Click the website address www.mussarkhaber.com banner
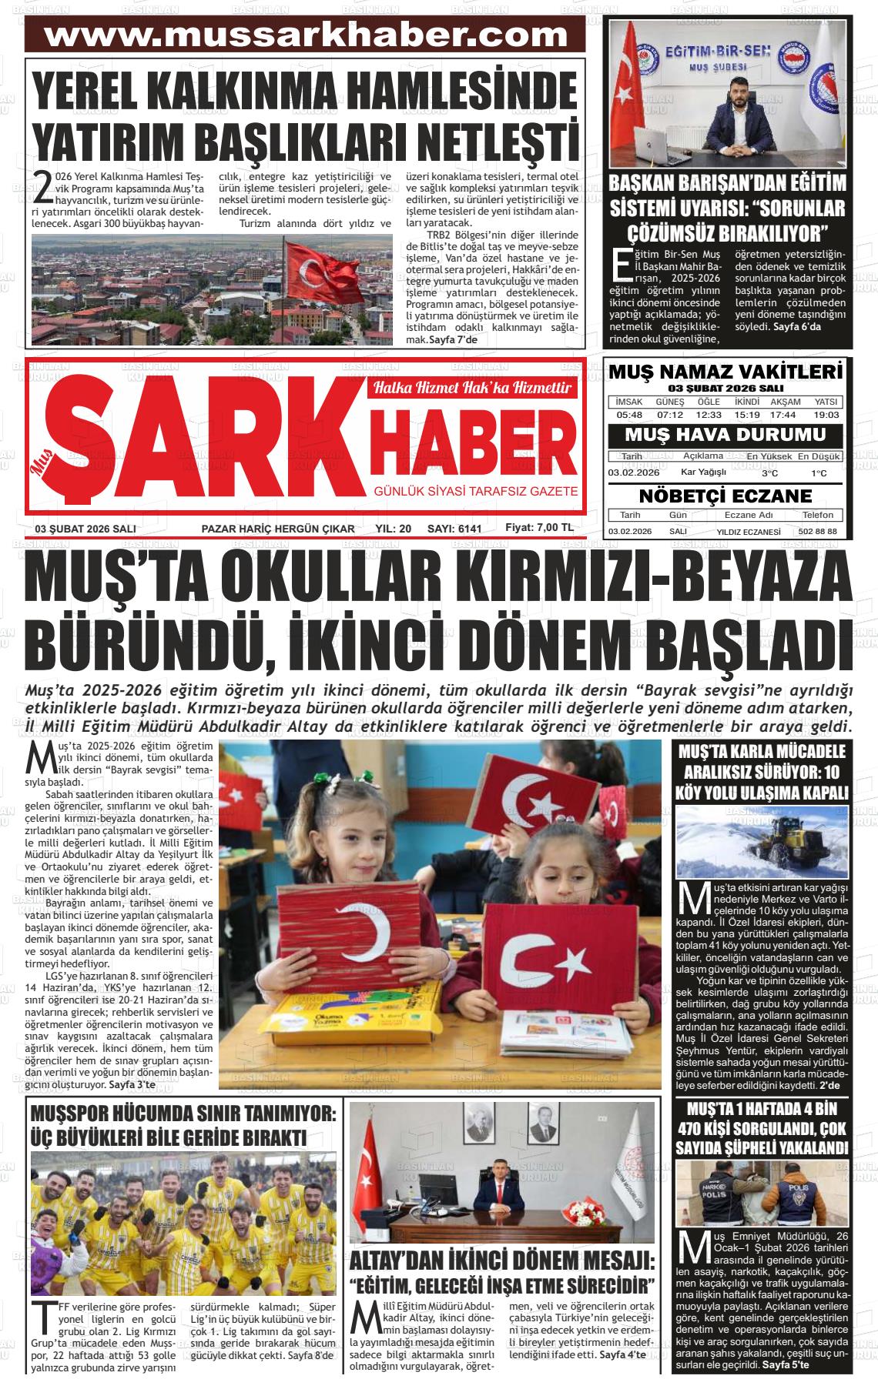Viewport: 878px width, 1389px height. pyautogui.click(x=305, y=36)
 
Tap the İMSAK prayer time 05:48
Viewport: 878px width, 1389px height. pyautogui.click(x=629, y=415)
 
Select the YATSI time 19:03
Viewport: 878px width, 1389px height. pyautogui.click(x=826, y=415)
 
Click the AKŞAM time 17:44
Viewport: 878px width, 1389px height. pyautogui.click(x=786, y=415)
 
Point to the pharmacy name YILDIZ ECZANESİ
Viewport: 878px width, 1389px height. pyautogui.click(x=749, y=532)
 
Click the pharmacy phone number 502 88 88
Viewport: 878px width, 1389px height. pyautogui.click(x=817, y=532)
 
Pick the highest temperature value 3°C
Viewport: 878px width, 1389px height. pyautogui.click(x=769, y=473)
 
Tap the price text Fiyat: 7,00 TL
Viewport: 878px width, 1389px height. pyautogui.click(x=539, y=528)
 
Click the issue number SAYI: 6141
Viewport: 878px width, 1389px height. pyautogui.click(x=454, y=529)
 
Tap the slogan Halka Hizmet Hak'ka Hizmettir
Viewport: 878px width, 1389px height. pyautogui.click(x=473, y=388)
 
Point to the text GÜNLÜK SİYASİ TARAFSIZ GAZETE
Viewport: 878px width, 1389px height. pyautogui.click(x=475, y=491)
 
